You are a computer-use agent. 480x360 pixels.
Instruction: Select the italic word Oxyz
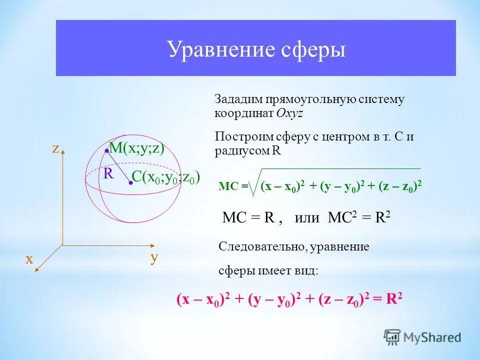[289, 113]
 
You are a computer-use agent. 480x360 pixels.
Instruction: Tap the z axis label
[55, 148]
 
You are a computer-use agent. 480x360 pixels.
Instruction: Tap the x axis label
[29, 258]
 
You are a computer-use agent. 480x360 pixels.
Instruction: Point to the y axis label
[154, 257]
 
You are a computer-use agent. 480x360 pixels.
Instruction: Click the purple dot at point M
[106, 150]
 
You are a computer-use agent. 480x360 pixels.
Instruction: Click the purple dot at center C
[130, 183]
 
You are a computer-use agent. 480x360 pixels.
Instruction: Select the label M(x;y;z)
[137, 148]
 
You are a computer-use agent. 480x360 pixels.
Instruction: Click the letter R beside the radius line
[108, 173]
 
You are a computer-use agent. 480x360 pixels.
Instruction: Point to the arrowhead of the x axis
[36, 269]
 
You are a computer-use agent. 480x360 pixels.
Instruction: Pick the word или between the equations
[306, 218]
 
